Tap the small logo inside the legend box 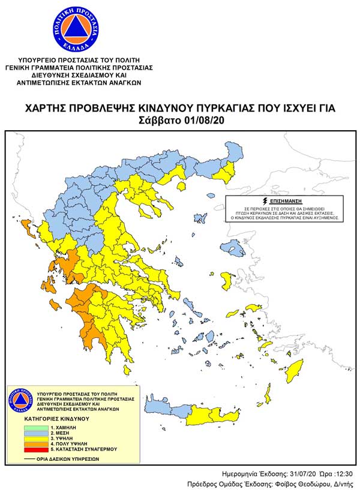pyautogui.click(x=20, y=400)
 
